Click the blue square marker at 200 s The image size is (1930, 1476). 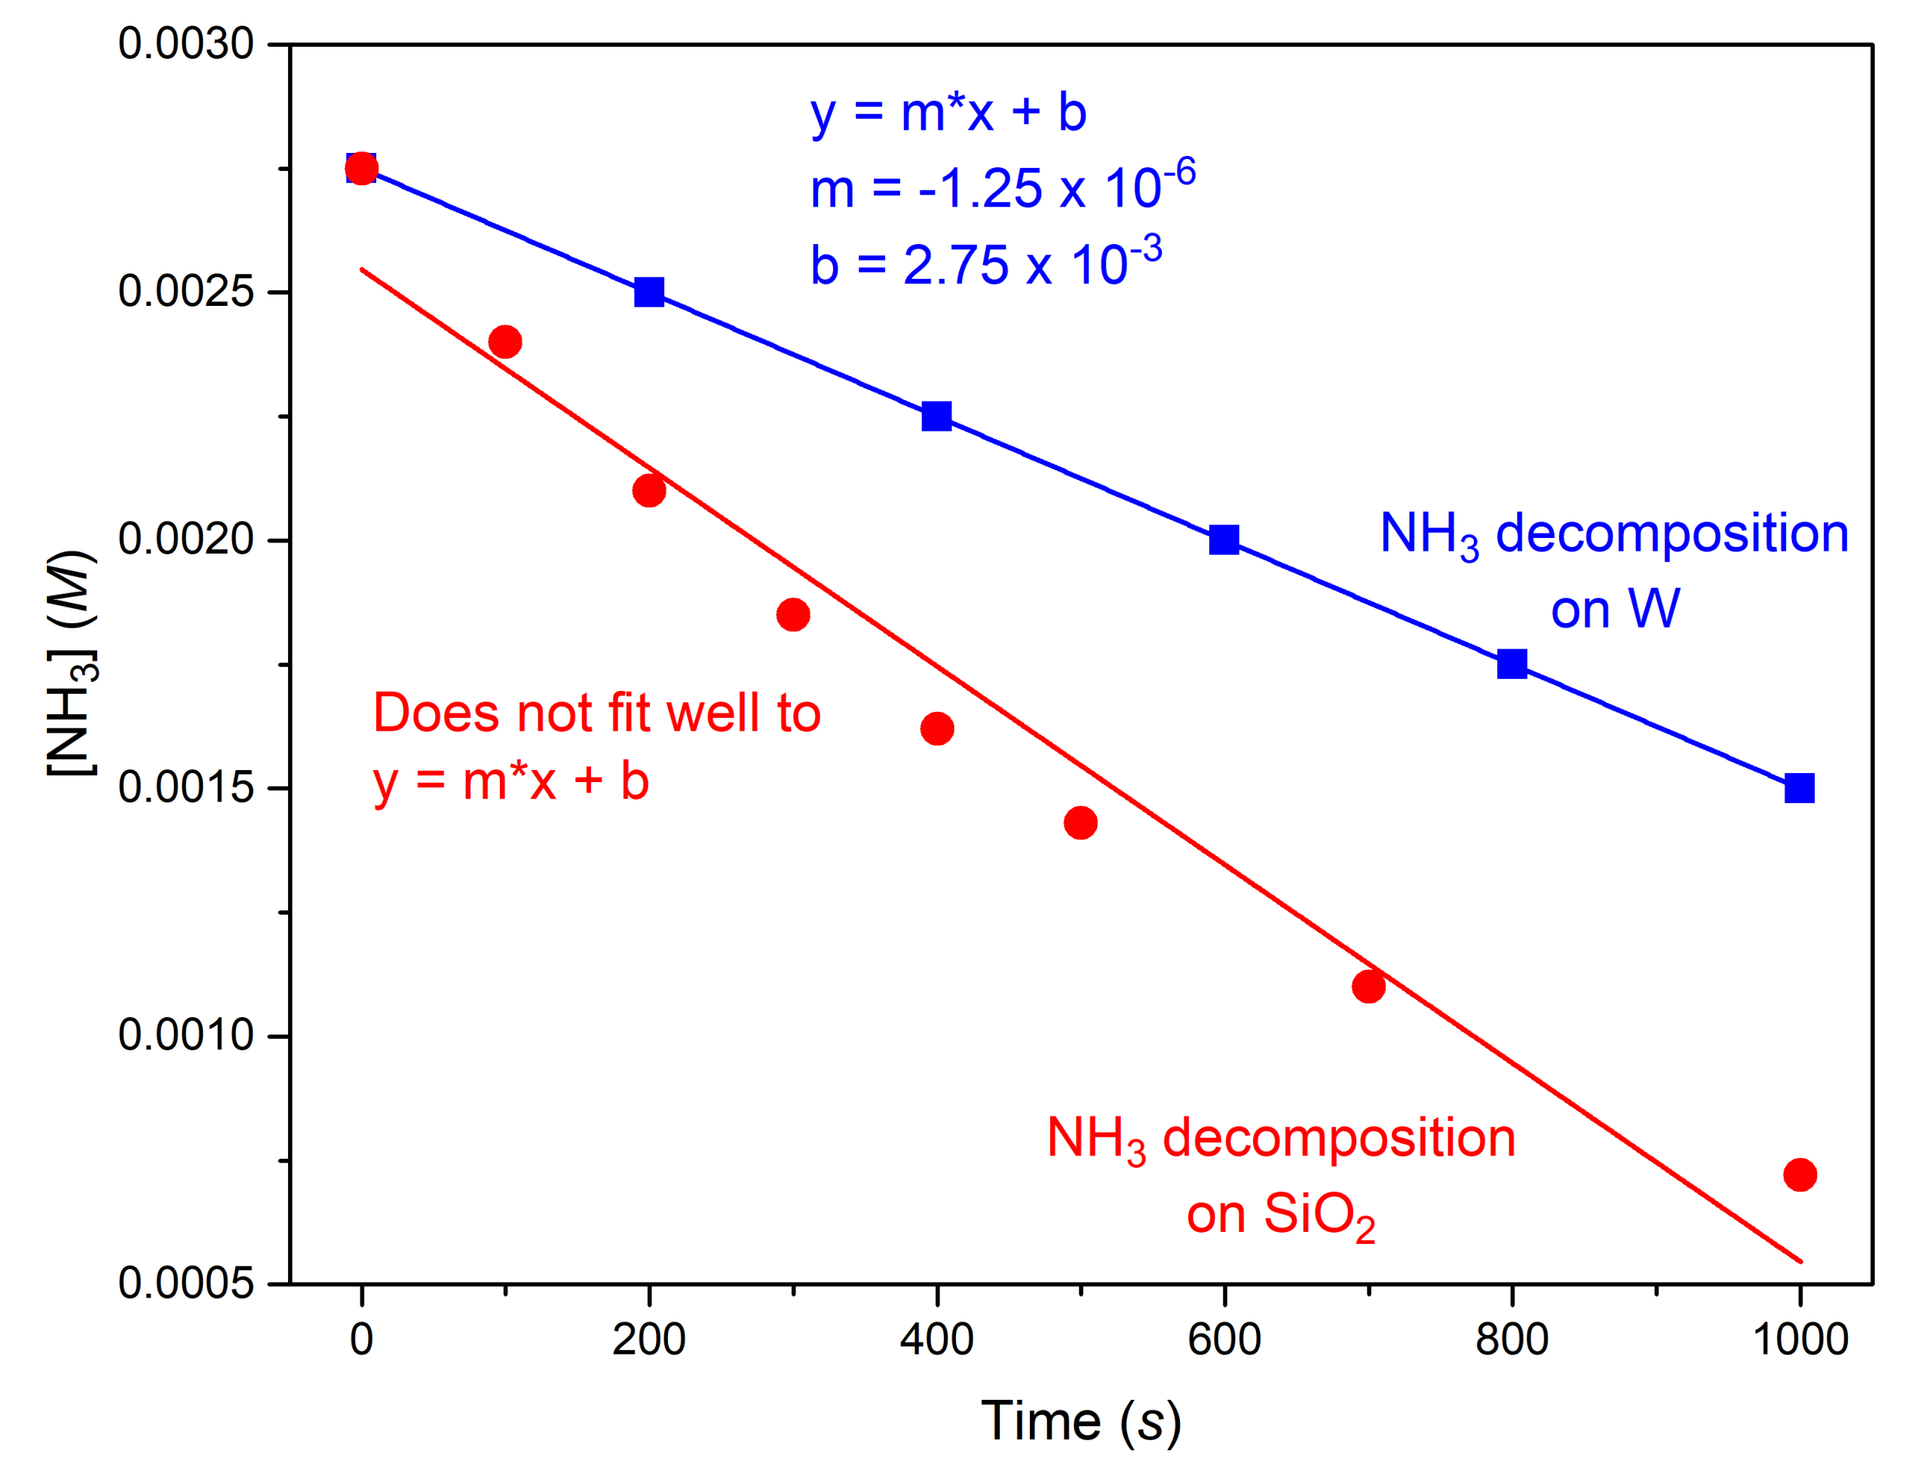coord(648,292)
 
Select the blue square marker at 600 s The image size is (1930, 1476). coord(1224,539)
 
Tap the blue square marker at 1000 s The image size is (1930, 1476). coord(1799,788)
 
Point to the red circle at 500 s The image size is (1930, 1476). coord(1080,824)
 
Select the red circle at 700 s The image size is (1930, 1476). coord(1368,986)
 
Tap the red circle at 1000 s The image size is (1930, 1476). coord(1800,1175)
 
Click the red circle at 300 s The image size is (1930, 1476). coord(793,614)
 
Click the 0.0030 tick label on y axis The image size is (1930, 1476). coord(186,44)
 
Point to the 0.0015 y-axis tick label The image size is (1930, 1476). coord(186,788)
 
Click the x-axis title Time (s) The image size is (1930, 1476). coord(1080,1422)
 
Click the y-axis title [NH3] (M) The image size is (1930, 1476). coord(72,663)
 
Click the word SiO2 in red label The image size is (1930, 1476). coord(1319,1217)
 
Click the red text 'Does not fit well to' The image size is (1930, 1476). coord(597,713)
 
